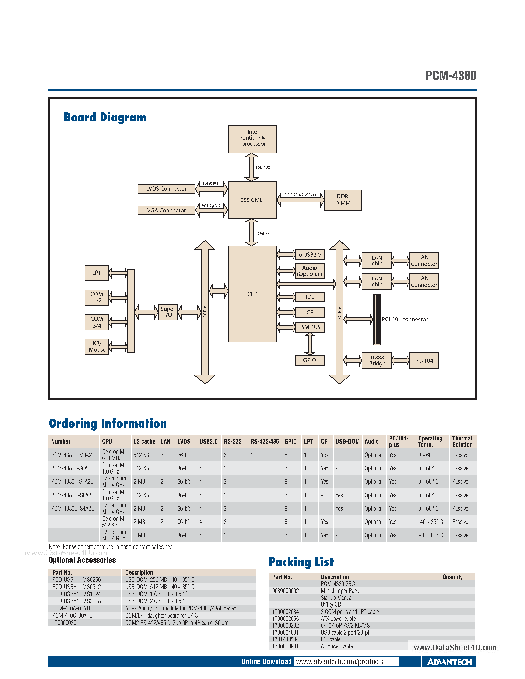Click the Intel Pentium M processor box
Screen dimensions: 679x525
coord(252,139)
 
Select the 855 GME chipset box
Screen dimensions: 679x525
coord(252,200)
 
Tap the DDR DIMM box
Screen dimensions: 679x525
coord(343,200)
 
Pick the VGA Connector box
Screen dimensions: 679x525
coord(167,210)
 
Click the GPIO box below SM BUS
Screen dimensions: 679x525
coord(310,360)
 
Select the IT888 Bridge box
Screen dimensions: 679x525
coord(377,361)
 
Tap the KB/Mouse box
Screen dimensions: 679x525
coord(97,347)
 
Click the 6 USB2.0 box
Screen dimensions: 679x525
coord(310,255)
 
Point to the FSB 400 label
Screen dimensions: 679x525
coord(263,167)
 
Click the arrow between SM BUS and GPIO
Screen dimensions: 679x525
coord(310,344)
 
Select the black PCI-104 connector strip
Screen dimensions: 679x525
coord(377,320)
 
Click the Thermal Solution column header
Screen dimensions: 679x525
coord(462,441)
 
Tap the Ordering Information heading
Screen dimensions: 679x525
coord(108,423)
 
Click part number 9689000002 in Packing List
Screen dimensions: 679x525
coord(286,591)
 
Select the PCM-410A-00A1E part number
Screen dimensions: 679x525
coord(72,608)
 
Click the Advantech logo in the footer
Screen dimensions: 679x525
coord(449,662)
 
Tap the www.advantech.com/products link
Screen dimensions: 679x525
coord(340,661)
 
